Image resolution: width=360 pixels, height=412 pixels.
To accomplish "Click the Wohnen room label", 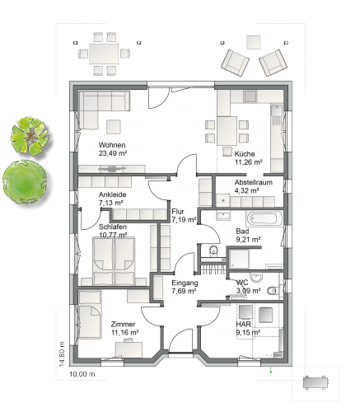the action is tap(112, 145).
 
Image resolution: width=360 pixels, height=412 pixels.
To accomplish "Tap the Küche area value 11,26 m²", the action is tap(249, 162).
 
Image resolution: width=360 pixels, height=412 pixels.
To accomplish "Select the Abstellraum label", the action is tap(254, 182).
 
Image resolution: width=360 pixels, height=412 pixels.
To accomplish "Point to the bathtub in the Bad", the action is tap(264, 218).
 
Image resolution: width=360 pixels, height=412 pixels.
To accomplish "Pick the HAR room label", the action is tap(244, 324).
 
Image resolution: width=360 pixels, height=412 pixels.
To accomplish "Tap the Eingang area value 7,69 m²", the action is tap(184, 291).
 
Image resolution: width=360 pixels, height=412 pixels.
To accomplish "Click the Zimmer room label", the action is tap(123, 324).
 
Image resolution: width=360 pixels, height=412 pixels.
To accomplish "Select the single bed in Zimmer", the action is tap(90, 315).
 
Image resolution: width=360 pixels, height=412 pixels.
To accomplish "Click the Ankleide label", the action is tap(112, 194).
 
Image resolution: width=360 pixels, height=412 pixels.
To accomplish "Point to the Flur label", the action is tap(178, 212).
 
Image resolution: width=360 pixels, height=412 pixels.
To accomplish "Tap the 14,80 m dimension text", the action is tap(62, 353).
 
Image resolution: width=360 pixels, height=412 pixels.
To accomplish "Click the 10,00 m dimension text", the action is tap(82, 374).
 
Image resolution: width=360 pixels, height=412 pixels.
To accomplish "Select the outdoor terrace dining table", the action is tap(104, 54).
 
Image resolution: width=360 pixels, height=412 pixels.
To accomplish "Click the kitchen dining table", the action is tap(227, 131).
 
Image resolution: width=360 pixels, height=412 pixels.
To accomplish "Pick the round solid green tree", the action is tap(25, 182).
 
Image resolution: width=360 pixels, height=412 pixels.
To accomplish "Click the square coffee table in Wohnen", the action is tap(114, 127).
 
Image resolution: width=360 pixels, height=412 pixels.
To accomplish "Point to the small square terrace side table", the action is tap(253, 42).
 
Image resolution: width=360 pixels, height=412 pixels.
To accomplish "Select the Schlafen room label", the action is tap(113, 227).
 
